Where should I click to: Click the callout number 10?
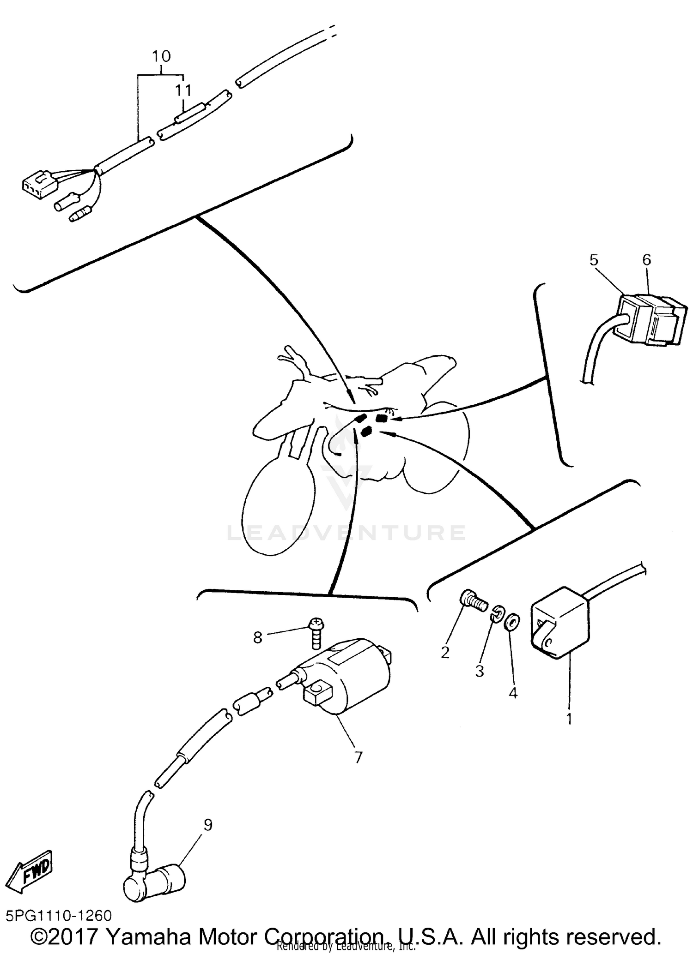pyautogui.click(x=161, y=56)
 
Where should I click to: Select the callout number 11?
pyautogui.click(x=183, y=90)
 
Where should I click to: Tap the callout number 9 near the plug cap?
pyautogui.click(x=208, y=825)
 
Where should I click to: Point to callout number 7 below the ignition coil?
pyautogui.click(x=358, y=757)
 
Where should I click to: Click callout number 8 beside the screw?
pyautogui.click(x=258, y=637)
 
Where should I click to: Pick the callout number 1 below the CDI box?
pyautogui.click(x=570, y=719)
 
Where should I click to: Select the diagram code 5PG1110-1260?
pyautogui.click(x=59, y=915)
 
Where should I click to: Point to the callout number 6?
pyautogui.click(x=646, y=260)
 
